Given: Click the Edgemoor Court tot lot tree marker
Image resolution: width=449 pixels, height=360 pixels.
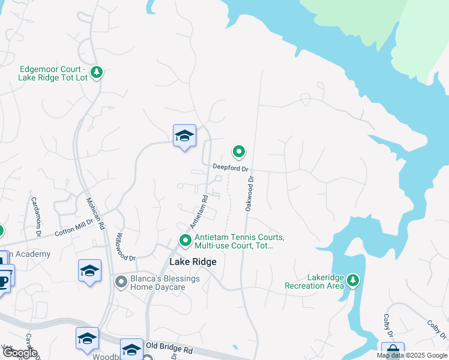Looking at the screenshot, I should point(97,73).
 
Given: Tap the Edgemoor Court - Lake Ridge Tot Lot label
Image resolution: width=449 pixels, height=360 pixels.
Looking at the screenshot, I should point(53,73).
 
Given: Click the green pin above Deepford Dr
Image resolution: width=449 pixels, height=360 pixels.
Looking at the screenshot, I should point(239,152).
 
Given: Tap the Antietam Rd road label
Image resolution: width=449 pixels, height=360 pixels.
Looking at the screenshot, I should point(199,211).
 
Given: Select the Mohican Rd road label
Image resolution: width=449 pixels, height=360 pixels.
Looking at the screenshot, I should point(95,214).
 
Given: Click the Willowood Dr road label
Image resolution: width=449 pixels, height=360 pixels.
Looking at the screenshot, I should point(126,246).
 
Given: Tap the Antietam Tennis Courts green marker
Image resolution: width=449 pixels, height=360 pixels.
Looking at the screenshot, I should point(185,241).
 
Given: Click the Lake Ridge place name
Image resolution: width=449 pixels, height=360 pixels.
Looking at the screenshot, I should point(193,262).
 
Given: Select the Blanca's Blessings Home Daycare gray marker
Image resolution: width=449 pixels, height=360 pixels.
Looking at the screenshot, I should point(121,281).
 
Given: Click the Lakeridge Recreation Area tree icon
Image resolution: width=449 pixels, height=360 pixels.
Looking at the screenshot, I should point(354,280).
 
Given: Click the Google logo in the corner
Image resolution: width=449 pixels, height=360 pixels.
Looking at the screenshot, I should point(20,353).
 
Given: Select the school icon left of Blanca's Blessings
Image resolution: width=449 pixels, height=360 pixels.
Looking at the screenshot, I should point(89,270).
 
